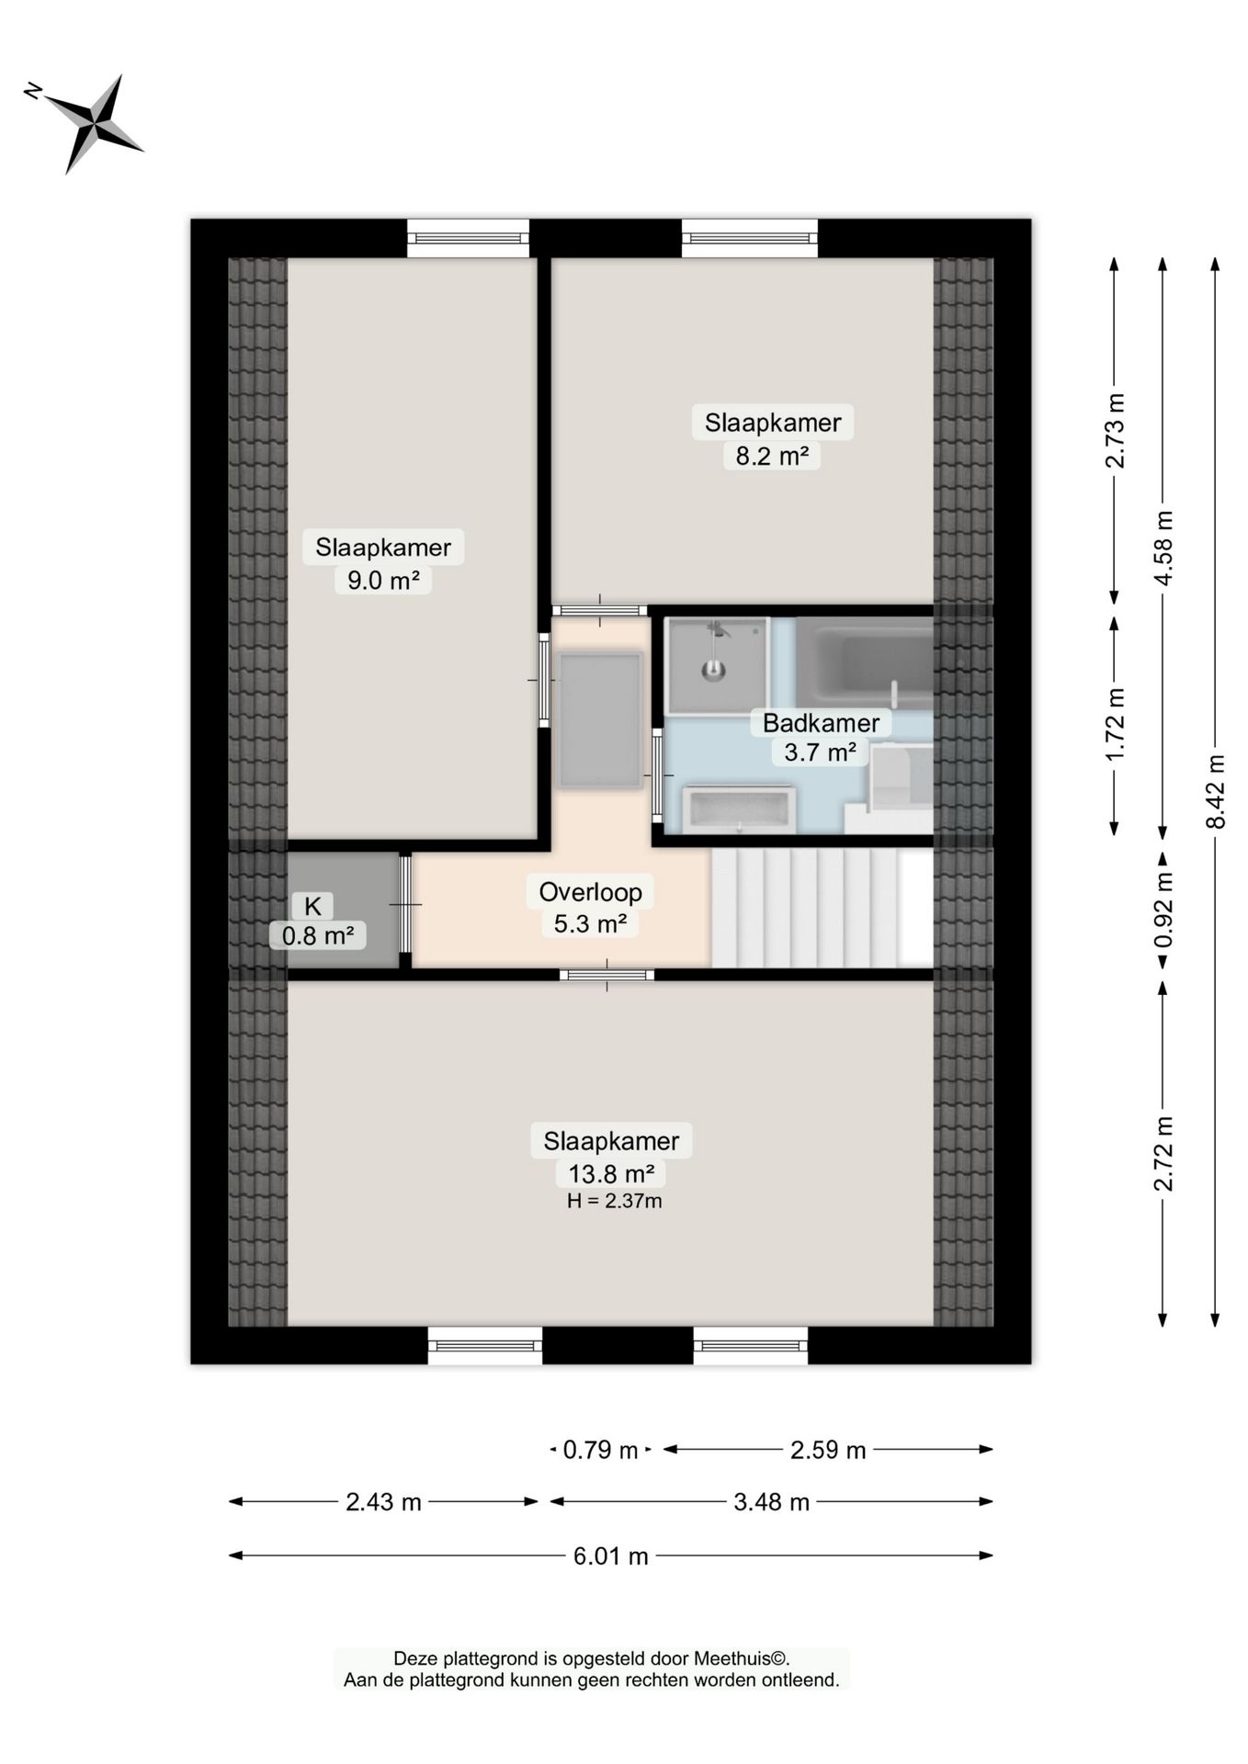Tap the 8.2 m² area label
tap(772, 456)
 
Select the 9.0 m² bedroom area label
tap(383, 581)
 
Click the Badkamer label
tap(821, 723)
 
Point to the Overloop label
tap(590, 891)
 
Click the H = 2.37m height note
tap(614, 1201)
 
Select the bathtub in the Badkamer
tap(864, 662)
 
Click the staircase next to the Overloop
tap(823, 908)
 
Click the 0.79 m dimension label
tap(600, 1450)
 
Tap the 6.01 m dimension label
tap(611, 1555)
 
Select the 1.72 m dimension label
tap(1115, 724)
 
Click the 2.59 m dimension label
tap(828, 1450)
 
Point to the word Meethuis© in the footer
tap(741, 1658)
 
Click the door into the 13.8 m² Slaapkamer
tap(607, 975)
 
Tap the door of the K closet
tap(405, 905)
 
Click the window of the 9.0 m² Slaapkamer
tap(469, 239)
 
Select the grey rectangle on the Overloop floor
tap(600, 720)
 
